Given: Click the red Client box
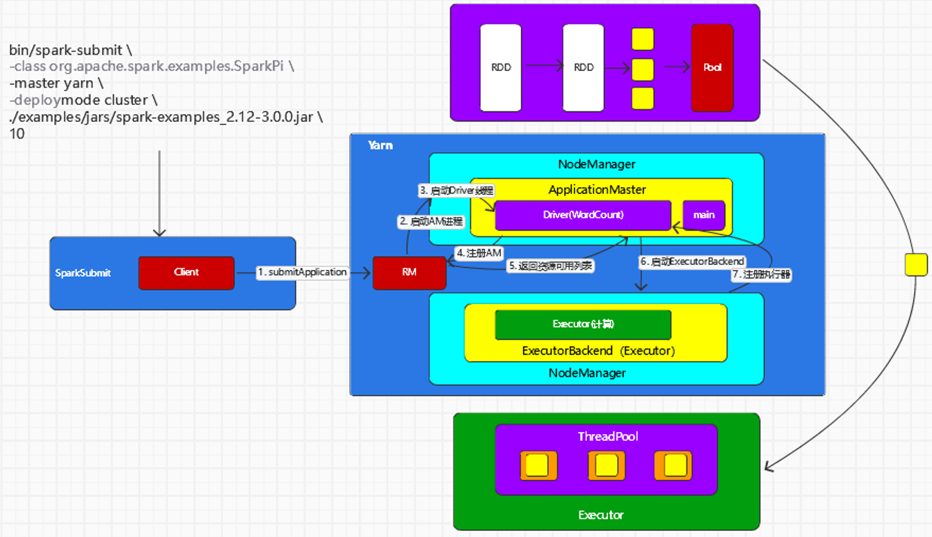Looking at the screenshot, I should point(186,273).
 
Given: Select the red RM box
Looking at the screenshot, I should point(409,273).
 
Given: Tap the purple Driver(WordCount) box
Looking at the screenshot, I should point(583,215).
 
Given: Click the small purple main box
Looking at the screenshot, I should point(704,215).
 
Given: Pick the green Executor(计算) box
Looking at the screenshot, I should point(583,324).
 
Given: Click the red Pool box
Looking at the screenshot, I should point(712,68).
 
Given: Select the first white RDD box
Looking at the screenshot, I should point(501,68).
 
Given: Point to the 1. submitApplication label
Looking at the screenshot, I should point(302,272).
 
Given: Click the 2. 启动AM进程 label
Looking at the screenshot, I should point(431,221).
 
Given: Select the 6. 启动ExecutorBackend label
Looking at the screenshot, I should point(692,262).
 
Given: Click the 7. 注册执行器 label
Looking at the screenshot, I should point(762,274).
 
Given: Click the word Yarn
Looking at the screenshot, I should point(380,145).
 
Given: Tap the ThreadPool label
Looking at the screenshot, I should point(608,437).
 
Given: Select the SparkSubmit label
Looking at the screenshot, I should point(83,273).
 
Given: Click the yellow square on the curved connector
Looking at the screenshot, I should point(916,264).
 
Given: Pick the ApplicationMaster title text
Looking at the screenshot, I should point(597,190).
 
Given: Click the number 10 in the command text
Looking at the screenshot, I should point(17,134).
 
